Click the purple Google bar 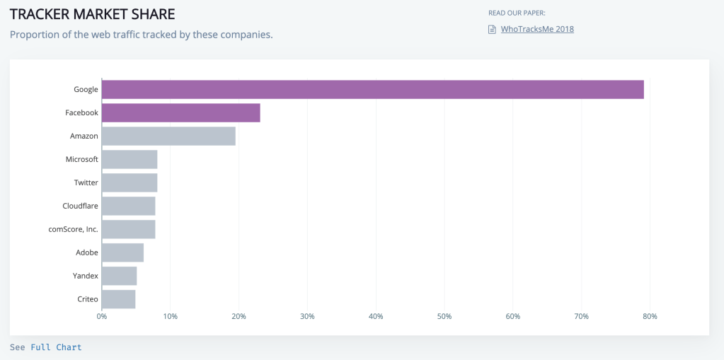click(372, 90)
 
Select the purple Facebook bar click(180, 113)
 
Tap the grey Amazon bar click(168, 136)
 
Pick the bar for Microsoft click(130, 159)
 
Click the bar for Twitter click(130, 182)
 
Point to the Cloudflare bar click(128, 206)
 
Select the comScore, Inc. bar click(128, 229)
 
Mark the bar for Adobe click(122, 252)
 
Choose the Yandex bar click(119, 276)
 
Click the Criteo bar click(118, 299)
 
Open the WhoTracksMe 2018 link click(537, 29)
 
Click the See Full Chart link click(46, 347)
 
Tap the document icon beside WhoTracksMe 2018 click(492, 29)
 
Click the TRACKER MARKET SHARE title click(92, 14)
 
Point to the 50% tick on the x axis click(444, 316)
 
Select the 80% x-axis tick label click(649, 316)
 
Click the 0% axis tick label click(102, 316)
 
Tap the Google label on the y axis click(86, 90)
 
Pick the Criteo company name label click(87, 299)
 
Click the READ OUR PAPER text click(517, 13)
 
